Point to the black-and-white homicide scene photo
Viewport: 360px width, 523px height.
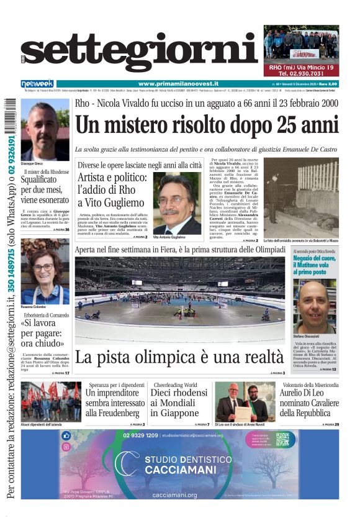300,198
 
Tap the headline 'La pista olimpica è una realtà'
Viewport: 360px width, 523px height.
179,358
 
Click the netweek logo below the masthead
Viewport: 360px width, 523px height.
37,84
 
